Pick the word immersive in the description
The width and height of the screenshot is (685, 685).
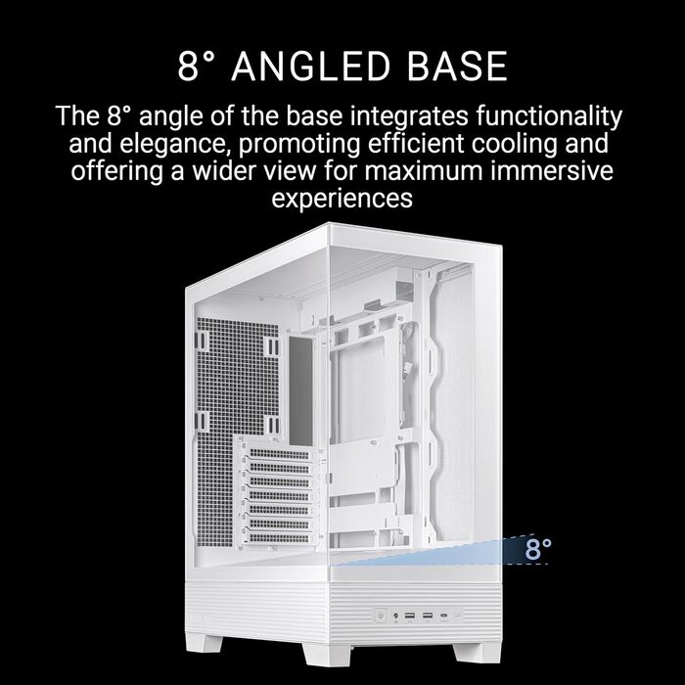click(554, 171)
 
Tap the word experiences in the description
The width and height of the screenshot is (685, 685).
click(342, 199)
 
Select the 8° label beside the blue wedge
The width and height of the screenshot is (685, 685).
click(538, 549)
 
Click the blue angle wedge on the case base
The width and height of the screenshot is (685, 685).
click(479, 554)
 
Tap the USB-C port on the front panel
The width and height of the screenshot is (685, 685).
click(475, 617)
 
